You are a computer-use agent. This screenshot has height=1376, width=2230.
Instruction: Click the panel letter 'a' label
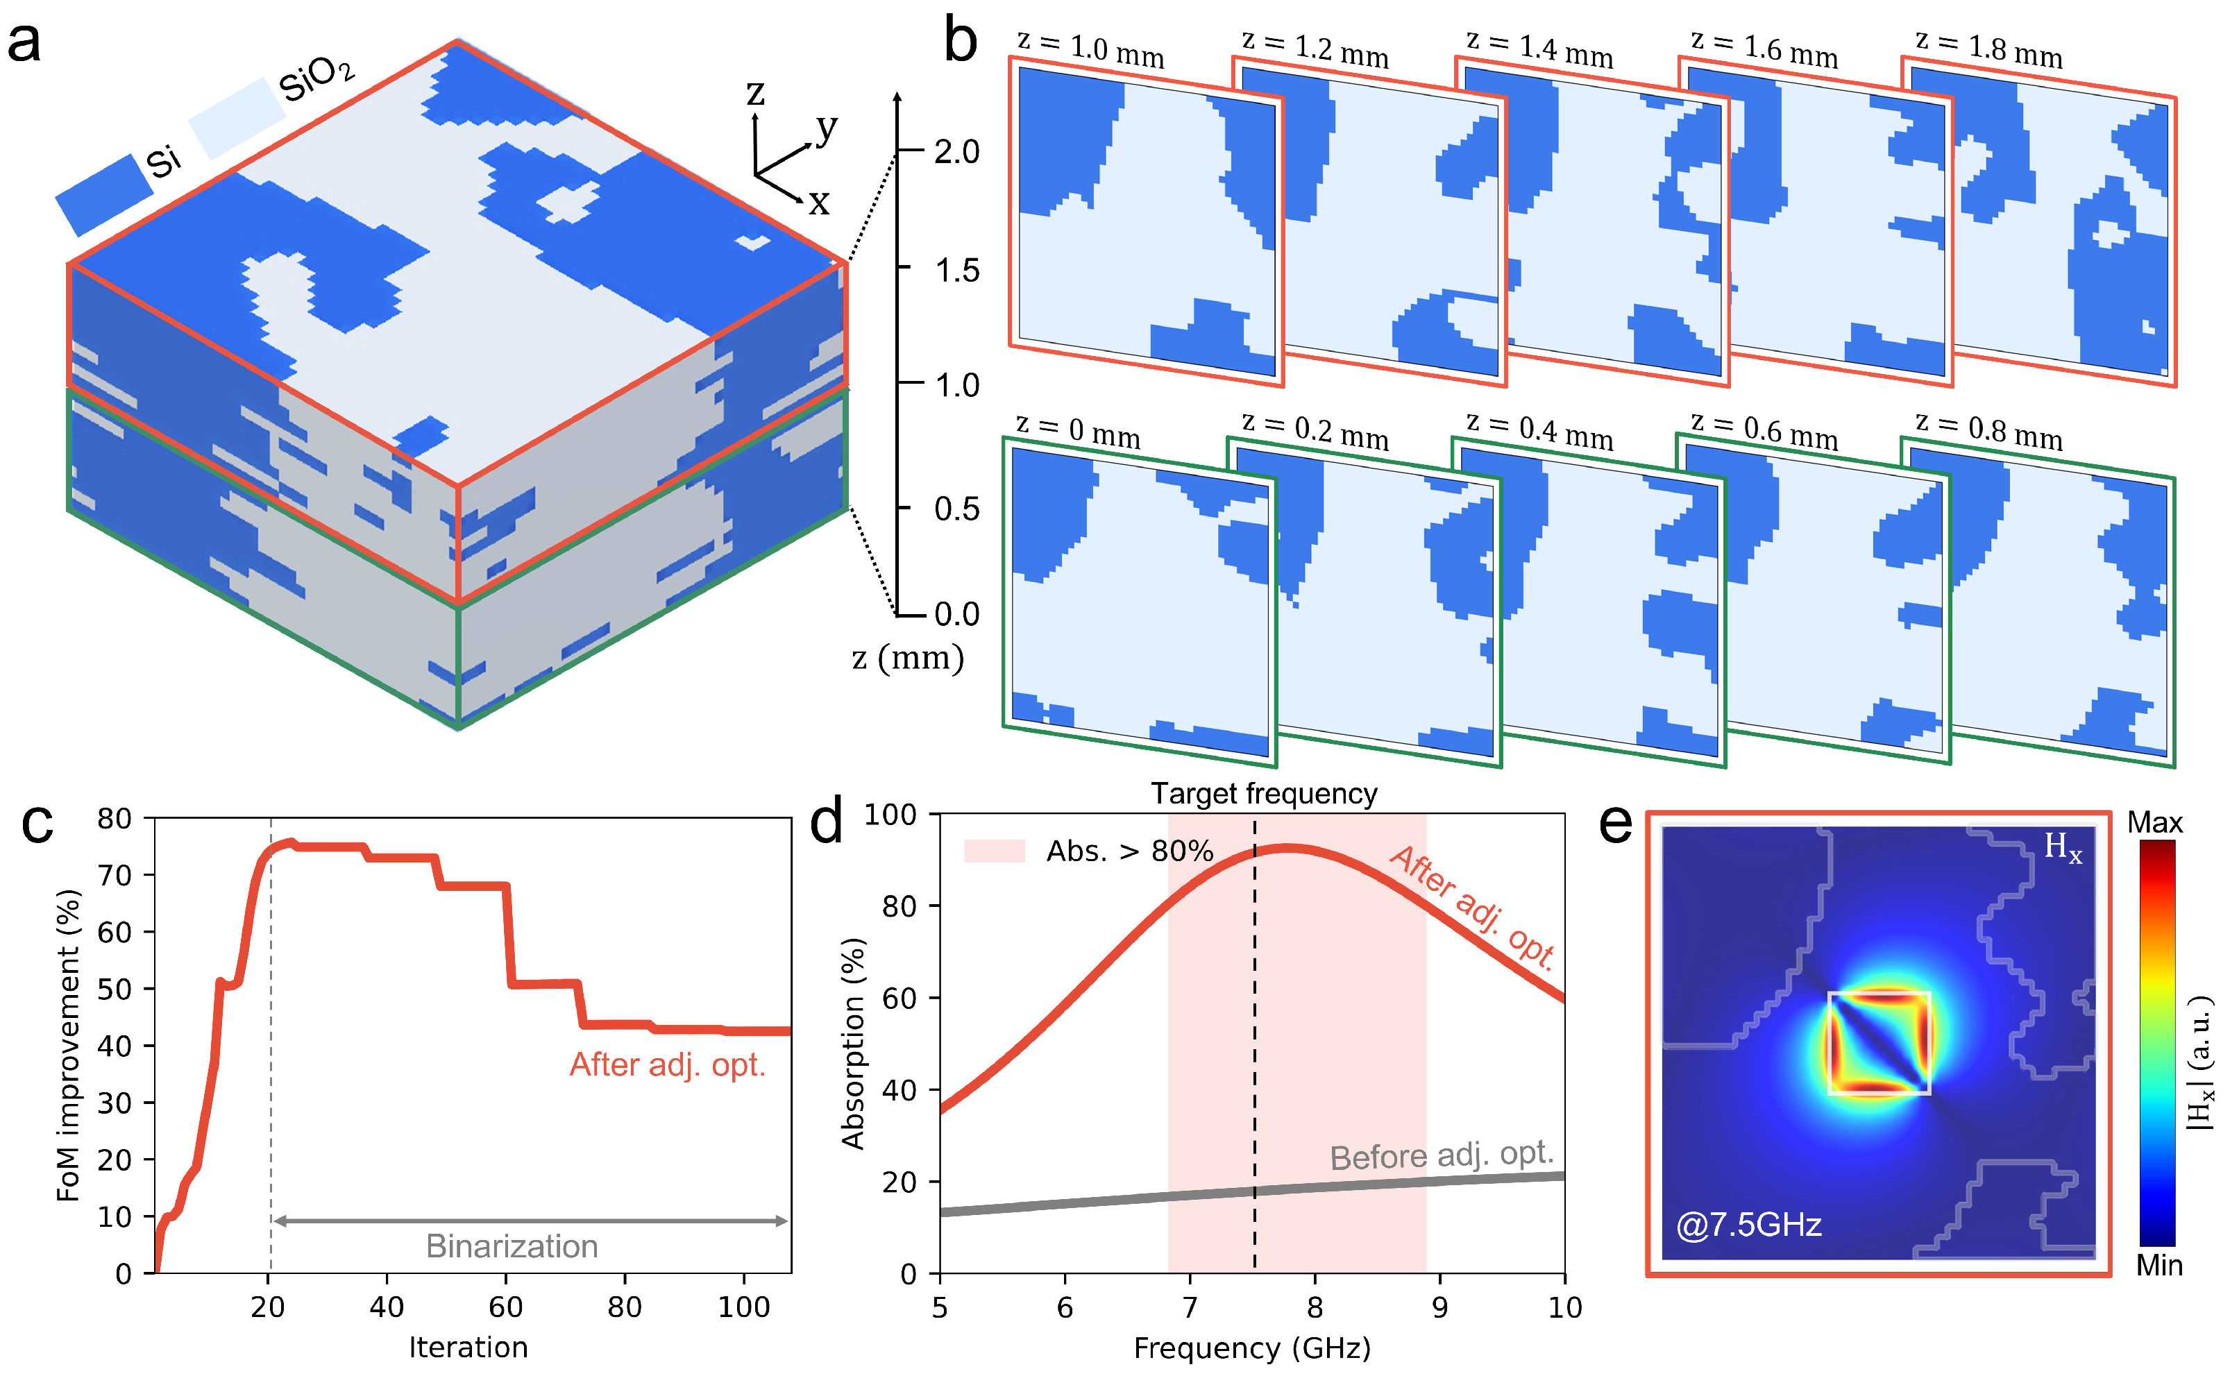(x=24, y=43)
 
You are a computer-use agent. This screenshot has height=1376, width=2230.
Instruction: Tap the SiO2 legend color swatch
(x=237, y=118)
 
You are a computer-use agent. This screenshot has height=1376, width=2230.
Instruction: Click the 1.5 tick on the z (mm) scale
(x=956, y=271)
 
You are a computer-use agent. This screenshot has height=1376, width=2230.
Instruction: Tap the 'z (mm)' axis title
(x=907, y=657)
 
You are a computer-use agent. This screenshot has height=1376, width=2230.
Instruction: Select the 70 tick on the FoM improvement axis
(x=115, y=876)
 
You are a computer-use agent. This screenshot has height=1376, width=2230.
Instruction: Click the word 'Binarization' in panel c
(x=512, y=1246)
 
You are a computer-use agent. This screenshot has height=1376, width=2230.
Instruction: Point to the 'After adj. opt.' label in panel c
(x=667, y=1064)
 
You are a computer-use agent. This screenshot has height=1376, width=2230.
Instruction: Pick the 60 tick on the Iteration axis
(x=506, y=1308)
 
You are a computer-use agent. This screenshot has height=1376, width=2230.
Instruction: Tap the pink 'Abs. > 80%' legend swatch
(x=994, y=851)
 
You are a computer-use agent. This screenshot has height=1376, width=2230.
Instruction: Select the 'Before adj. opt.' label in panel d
(x=1441, y=1155)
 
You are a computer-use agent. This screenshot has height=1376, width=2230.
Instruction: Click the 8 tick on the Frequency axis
(x=1315, y=1308)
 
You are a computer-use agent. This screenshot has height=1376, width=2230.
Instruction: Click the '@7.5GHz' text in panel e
(x=1748, y=1225)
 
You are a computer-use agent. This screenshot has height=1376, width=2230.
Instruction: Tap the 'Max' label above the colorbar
(x=2154, y=823)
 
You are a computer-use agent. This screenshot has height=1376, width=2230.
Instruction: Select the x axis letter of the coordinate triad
(x=818, y=203)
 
